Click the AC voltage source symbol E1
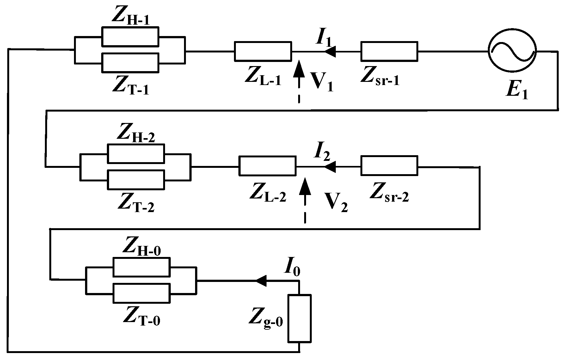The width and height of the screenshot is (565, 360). [512, 51]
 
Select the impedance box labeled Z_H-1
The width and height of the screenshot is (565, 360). [130, 36]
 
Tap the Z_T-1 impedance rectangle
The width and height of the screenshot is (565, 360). [130, 63]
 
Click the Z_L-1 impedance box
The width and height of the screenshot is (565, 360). [263, 51]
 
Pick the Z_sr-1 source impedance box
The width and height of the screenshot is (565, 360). [389, 51]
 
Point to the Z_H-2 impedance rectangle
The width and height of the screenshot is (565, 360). [136, 154]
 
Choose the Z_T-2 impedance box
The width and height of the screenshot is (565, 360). [136, 180]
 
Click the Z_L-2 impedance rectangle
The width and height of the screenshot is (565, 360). [267, 166]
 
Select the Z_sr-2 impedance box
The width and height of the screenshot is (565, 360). [389, 166]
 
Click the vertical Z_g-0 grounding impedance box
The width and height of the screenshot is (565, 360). [299, 318]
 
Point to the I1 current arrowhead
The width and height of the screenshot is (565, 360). [330, 51]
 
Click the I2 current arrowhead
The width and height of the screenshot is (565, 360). [330, 166]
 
